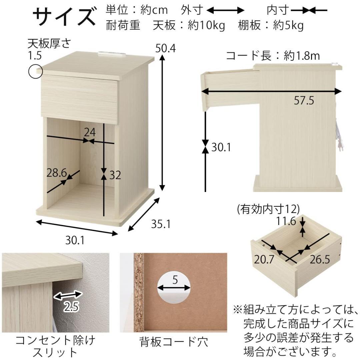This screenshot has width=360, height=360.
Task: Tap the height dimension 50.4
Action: [x=166, y=49]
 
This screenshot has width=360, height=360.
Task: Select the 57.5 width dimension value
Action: [x=304, y=100]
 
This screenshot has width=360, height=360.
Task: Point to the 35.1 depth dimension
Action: [x=161, y=224]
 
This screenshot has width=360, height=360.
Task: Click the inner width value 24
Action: [x=89, y=132]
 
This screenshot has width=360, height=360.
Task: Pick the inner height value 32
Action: [x=115, y=175]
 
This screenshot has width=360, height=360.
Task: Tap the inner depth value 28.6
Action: [x=57, y=173]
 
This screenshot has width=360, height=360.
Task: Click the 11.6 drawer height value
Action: [x=286, y=221]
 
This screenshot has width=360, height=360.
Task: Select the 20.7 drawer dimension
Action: [x=264, y=259]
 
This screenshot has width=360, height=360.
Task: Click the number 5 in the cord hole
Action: [x=175, y=280]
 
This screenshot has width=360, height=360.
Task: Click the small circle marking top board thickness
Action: [x=35, y=71]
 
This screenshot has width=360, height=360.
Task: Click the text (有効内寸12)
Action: [x=268, y=209]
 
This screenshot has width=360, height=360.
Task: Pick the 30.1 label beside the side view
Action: [x=221, y=147]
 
